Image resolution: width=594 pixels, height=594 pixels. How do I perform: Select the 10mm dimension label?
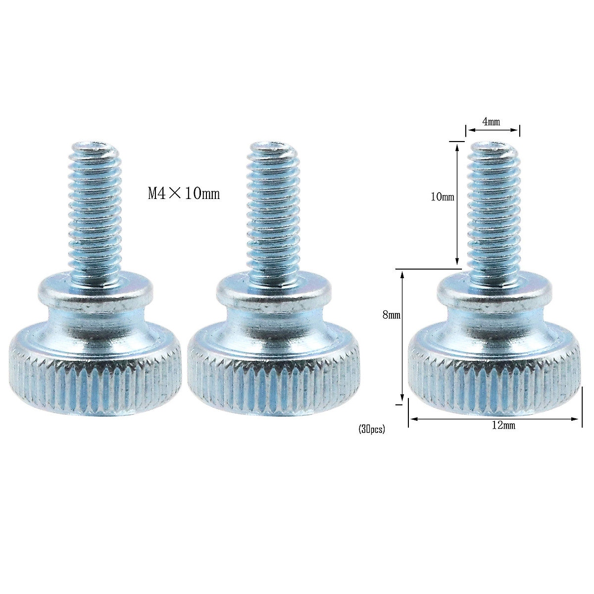point(443,197)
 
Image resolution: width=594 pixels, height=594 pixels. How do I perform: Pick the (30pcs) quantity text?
point(371,430)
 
